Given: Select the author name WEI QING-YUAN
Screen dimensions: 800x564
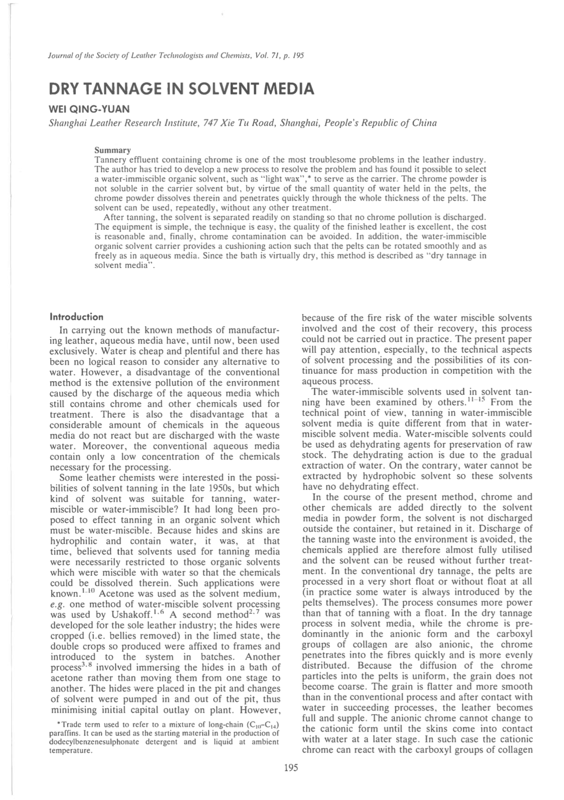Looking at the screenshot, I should [89, 110].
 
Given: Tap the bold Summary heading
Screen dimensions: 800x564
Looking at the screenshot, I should [112, 150].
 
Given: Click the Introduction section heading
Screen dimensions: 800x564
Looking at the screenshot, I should [76, 317].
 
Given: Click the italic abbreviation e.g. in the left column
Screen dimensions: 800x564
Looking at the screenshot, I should [56, 604].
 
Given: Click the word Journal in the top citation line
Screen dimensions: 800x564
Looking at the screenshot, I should [60, 56].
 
